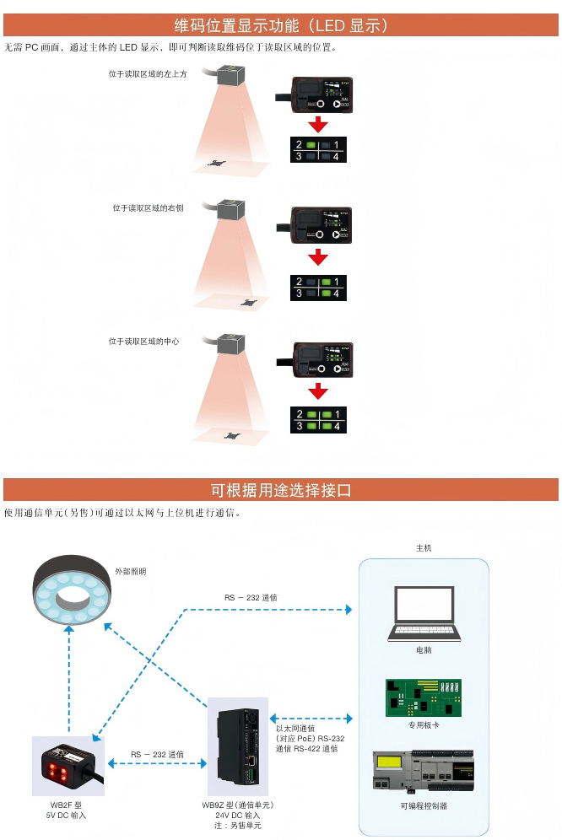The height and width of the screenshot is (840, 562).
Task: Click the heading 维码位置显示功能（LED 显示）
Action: (x=281, y=25)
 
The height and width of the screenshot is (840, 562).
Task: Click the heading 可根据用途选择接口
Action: (x=281, y=490)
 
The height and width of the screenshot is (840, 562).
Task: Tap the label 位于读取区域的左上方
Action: (x=148, y=74)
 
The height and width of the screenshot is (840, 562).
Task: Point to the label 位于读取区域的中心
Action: (x=143, y=342)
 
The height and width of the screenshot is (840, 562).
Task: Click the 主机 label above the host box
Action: (x=424, y=548)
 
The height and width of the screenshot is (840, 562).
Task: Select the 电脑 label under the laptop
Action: (x=424, y=650)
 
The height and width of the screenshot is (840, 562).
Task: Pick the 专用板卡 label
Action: (x=424, y=724)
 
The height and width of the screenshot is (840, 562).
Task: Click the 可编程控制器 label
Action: (x=424, y=805)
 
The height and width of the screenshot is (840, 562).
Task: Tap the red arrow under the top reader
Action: (x=317, y=125)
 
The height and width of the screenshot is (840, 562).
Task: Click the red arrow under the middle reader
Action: (x=317, y=257)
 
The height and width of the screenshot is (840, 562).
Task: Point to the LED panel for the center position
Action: (x=317, y=420)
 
